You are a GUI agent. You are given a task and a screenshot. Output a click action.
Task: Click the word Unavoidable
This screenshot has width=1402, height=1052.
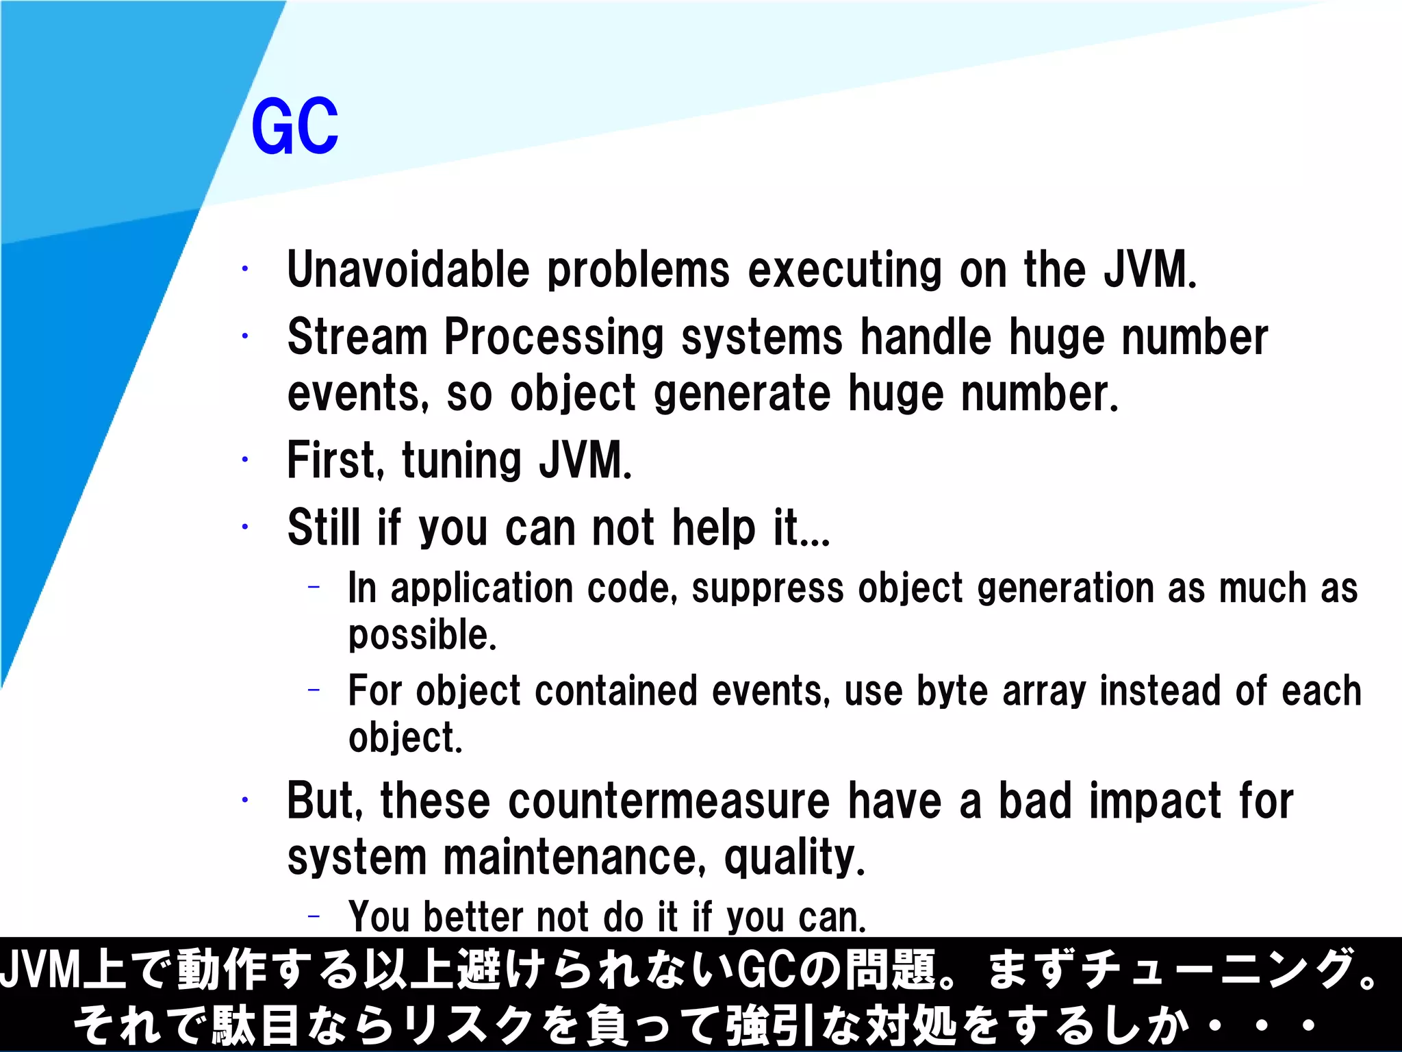click(408, 269)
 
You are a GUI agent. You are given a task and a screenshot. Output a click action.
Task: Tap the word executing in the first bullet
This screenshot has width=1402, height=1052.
click(845, 271)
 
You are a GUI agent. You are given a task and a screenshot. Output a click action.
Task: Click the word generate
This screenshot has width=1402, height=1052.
click(742, 395)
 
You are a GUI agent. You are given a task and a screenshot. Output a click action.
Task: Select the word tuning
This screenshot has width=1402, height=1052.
click(462, 462)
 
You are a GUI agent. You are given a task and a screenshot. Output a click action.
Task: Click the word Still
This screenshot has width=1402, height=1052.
click(323, 527)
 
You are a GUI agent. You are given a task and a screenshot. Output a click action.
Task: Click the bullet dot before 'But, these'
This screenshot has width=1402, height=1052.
click(244, 799)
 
